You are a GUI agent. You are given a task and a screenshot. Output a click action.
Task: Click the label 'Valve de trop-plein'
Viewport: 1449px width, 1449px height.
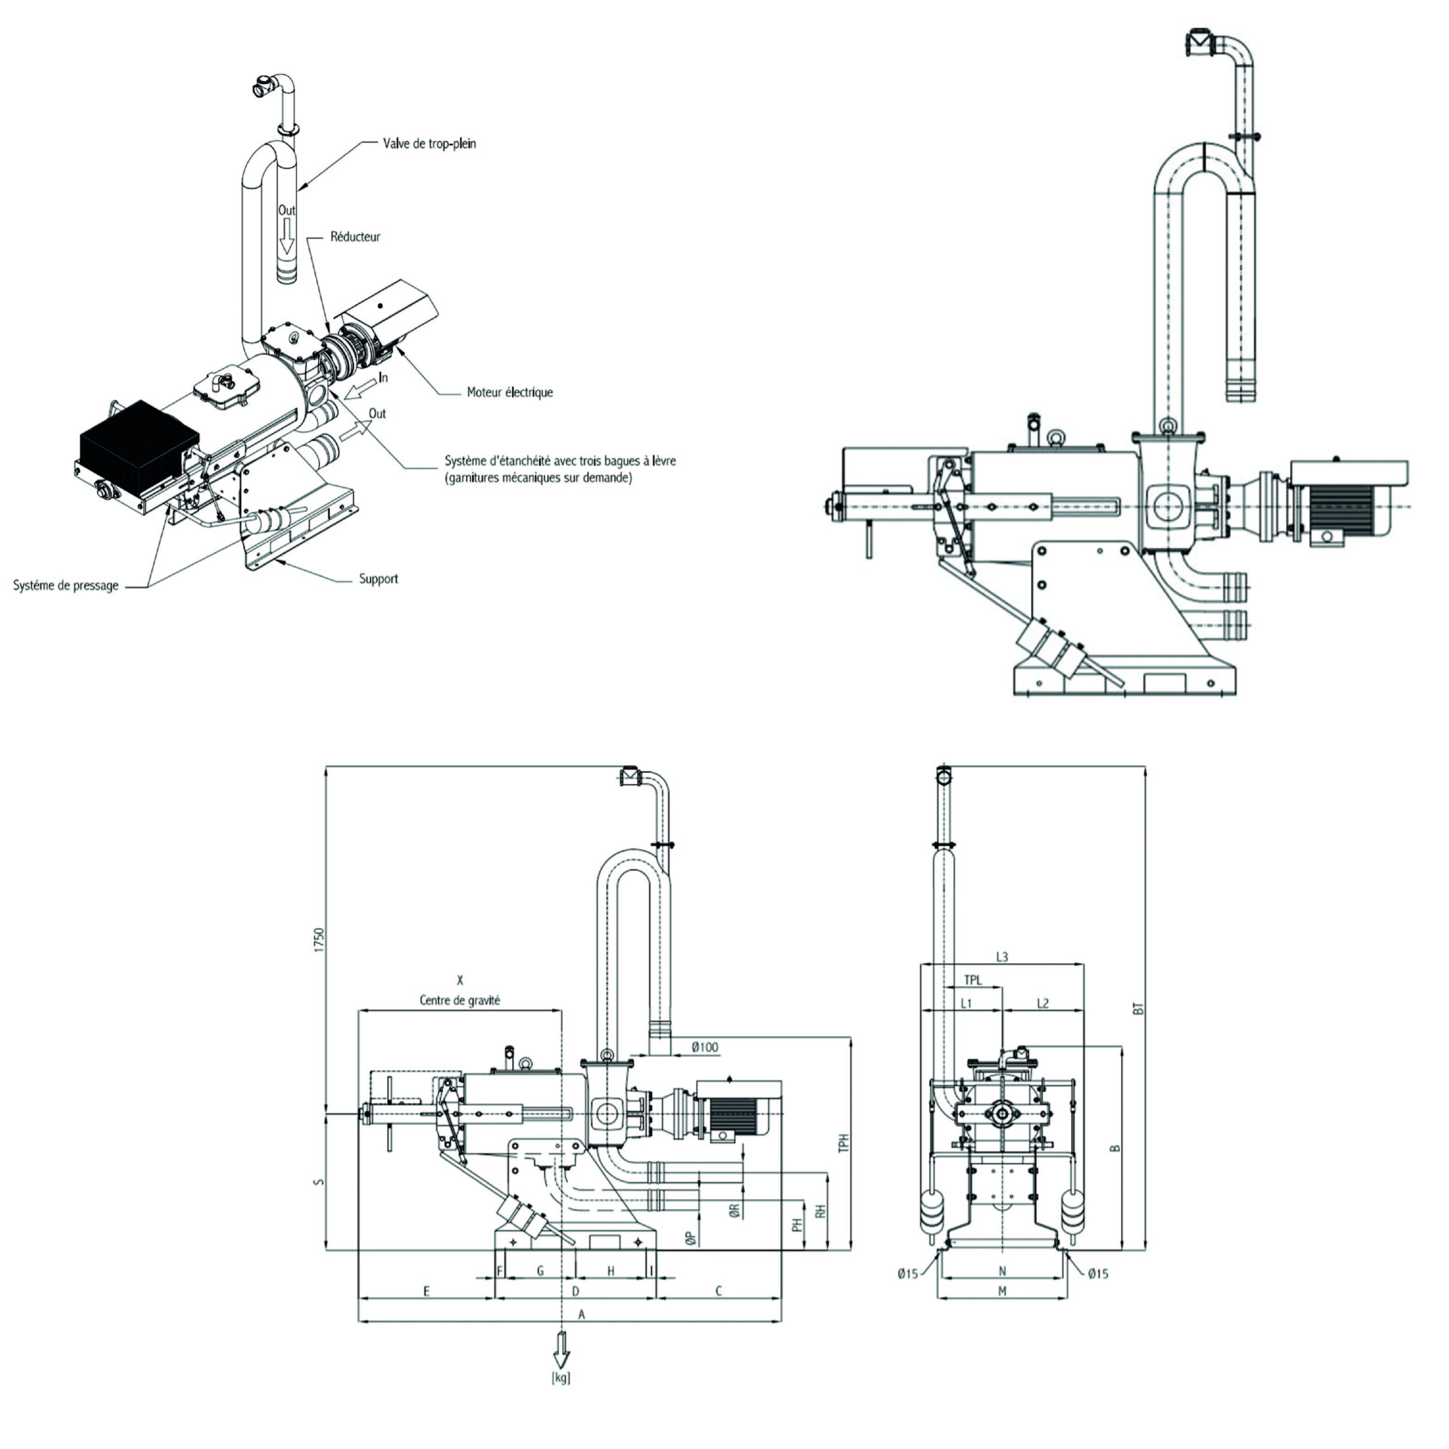429,143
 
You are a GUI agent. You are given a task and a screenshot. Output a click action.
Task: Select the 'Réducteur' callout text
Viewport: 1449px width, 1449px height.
355,237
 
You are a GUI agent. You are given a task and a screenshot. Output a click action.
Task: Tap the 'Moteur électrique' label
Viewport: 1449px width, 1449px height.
510,392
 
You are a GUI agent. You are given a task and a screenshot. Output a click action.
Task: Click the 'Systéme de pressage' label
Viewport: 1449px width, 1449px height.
66,586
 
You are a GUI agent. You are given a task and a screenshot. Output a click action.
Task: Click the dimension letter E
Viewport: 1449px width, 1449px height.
426,1291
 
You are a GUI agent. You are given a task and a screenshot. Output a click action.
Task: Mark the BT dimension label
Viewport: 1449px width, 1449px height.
1138,1009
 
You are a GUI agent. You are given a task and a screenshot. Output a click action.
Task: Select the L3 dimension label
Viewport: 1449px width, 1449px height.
1002,957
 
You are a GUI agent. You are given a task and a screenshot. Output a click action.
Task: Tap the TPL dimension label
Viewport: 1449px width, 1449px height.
972,980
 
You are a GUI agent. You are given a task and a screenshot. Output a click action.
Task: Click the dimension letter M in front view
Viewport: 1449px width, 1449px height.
1002,1291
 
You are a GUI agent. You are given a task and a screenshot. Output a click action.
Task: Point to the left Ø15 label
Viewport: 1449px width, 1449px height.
907,1273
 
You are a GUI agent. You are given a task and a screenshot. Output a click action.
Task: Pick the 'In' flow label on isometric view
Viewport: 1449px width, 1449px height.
383,377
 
